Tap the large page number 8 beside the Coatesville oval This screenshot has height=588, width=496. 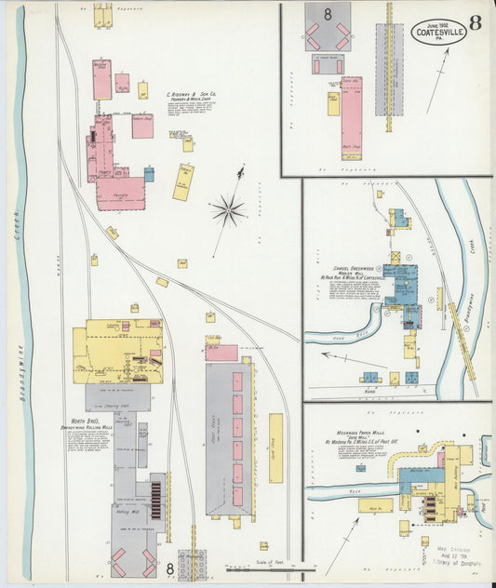click(x=475, y=23)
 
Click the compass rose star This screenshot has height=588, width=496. click(x=228, y=210)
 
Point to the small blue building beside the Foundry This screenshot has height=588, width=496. click(x=149, y=174)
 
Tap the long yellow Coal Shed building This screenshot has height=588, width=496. click(x=275, y=448)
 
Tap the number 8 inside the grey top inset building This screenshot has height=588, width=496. click(x=328, y=14)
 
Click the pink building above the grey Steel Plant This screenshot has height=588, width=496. click(x=221, y=353)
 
